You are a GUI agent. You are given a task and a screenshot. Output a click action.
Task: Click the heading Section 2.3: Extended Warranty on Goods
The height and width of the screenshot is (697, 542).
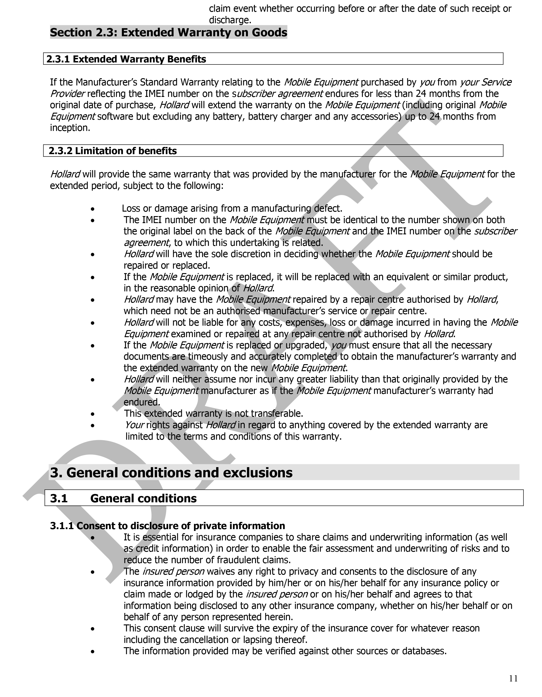point(169,32)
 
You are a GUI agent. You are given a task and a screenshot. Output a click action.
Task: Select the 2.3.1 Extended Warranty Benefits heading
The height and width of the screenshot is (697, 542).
point(126,59)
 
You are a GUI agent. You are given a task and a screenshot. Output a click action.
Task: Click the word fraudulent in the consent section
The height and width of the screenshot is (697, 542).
point(238,560)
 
